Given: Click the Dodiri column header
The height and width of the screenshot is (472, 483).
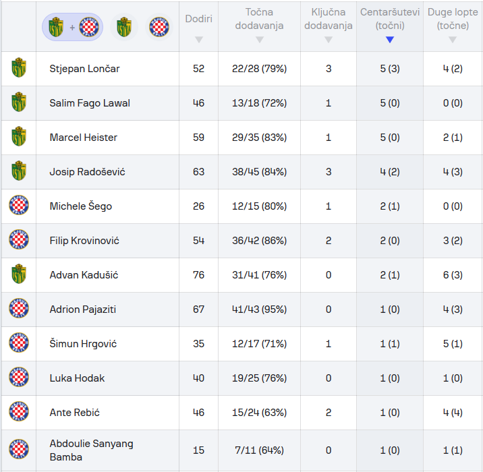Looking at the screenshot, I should click(x=198, y=19).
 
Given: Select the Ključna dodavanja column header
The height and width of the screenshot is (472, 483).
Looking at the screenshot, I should click(x=328, y=19).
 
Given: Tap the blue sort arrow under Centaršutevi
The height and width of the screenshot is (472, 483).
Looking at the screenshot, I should click(x=389, y=40).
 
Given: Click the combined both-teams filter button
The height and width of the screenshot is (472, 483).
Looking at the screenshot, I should click(x=73, y=27).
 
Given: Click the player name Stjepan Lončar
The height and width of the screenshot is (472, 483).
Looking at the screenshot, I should click(x=84, y=69).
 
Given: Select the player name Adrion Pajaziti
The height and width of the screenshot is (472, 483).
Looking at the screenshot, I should click(x=83, y=309).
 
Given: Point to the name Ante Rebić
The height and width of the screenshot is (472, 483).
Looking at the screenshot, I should click(x=75, y=413).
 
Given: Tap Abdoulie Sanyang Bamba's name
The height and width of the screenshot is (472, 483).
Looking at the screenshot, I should click(x=91, y=450).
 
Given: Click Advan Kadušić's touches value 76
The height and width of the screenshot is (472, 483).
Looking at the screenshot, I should click(x=198, y=275).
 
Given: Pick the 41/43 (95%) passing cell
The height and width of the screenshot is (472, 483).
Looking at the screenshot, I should click(x=259, y=309).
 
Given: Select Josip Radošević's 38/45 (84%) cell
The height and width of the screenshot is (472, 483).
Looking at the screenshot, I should click(x=259, y=172).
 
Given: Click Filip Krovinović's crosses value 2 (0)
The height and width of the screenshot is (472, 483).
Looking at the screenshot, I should click(x=389, y=241).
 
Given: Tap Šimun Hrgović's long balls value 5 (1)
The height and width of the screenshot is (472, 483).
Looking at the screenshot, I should click(x=453, y=344).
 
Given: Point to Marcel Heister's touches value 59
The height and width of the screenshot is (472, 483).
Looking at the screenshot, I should click(x=198, y=138).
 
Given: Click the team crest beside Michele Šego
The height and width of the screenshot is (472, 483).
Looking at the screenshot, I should click(x=19, y=206).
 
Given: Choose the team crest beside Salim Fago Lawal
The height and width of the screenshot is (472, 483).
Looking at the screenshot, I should click(x=19, y=103).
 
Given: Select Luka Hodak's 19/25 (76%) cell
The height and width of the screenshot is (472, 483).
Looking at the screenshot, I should click(x=259, y=378).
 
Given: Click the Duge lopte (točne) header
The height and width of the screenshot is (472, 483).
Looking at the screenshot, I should click(x=453, y=19).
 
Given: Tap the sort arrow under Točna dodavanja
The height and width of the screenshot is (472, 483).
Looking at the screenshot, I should click(x=259, y=40).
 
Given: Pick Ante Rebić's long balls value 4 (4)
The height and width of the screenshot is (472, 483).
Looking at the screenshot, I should click(x=453, y=413).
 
